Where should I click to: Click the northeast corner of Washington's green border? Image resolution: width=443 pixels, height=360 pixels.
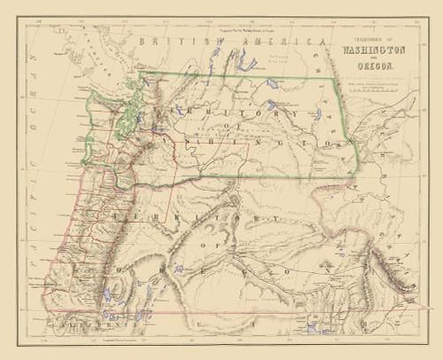tap(338, 75)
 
